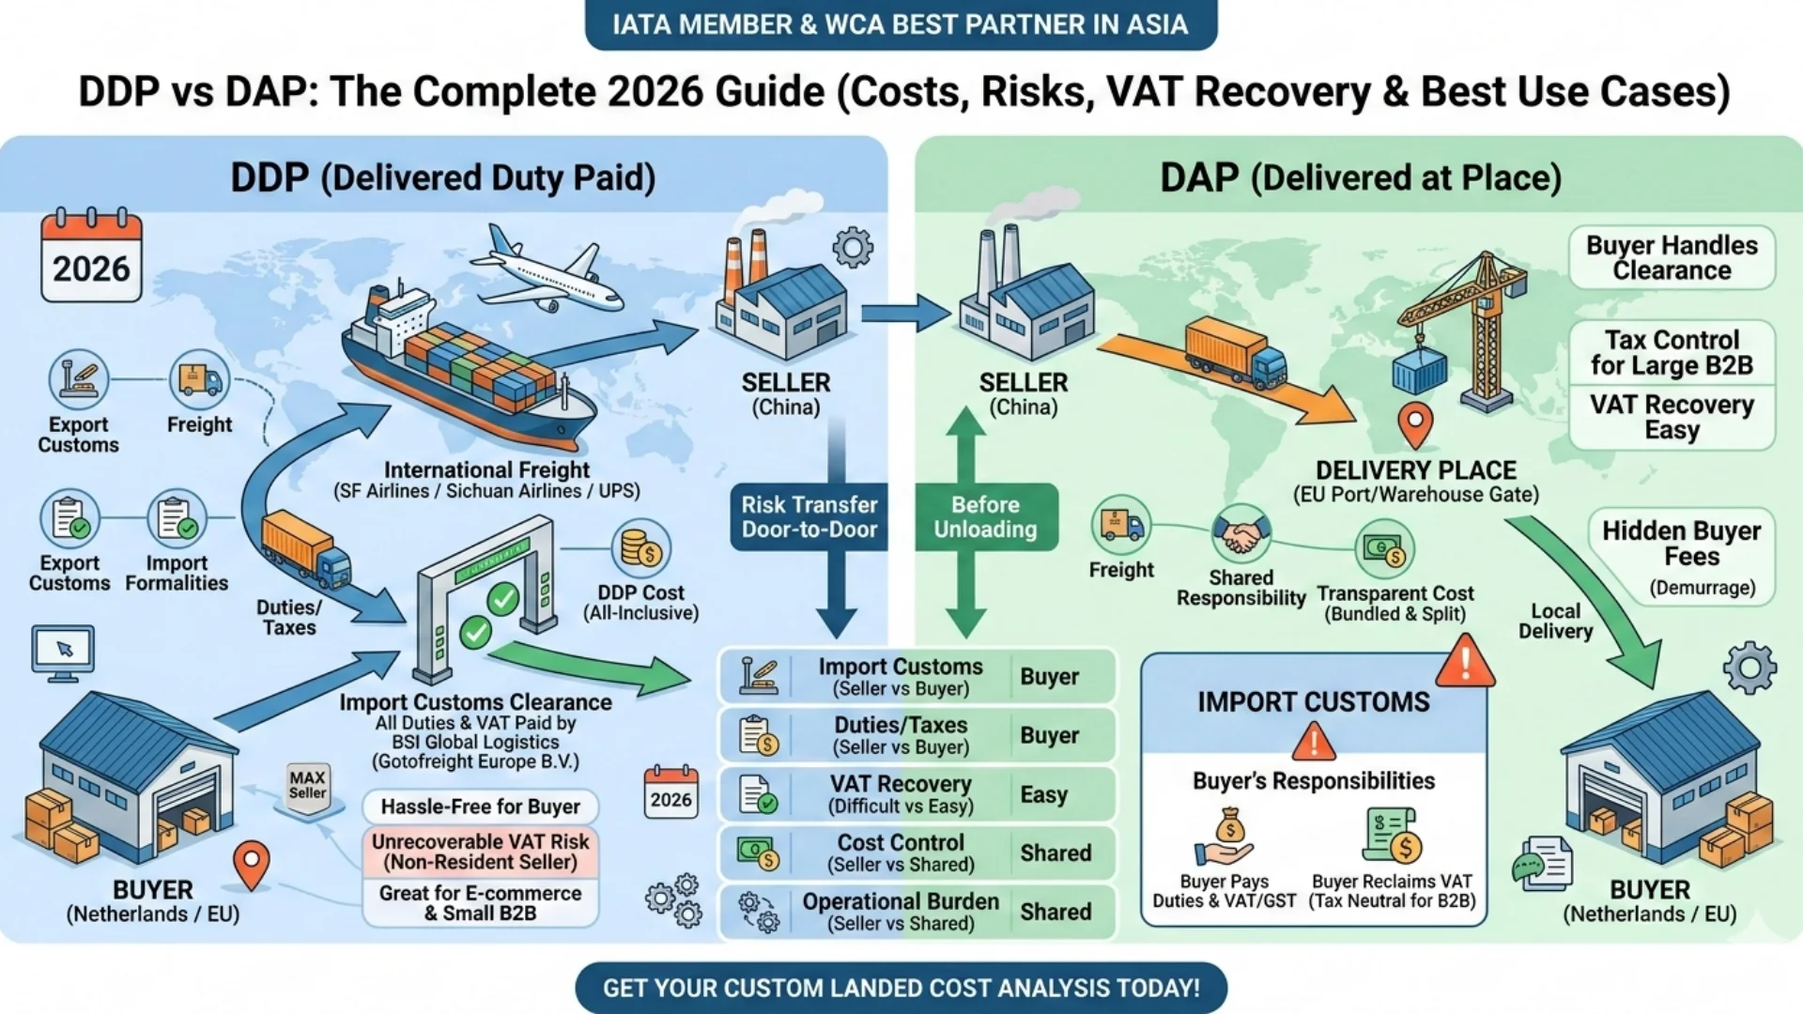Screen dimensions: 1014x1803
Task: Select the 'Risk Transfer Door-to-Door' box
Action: coord(809,517)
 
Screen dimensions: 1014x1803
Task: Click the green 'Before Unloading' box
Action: coord(985,517)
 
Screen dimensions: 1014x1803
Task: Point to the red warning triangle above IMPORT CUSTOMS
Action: coord(1464,662)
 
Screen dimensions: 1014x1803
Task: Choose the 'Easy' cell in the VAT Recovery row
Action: coord(1044,795)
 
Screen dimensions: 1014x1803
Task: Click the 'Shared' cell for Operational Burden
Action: coord(1056,912)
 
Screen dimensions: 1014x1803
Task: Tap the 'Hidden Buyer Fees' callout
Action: coord(1681,556)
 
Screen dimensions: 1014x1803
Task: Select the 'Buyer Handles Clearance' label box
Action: coord(1672,257)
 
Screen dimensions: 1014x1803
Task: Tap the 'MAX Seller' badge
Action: coord(308,786)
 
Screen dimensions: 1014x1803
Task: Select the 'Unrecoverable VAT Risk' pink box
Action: coord(480,852)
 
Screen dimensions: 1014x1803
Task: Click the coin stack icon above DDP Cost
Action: coord(640,549)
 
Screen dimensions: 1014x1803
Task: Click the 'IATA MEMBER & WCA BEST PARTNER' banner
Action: coord(901,24)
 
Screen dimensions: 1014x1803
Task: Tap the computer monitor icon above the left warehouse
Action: coord(63,651)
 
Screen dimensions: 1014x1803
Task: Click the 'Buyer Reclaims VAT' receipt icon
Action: coord(1391,835)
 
